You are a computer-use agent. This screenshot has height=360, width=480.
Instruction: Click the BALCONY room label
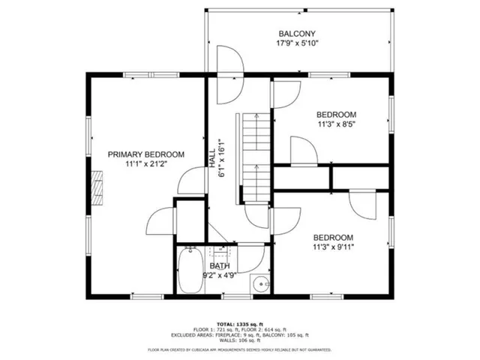click(x=298, y=34)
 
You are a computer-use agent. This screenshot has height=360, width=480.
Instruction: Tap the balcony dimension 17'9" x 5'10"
click(x=298, y=43)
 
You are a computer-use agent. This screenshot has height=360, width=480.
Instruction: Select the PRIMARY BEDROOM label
click(x=145, y=154)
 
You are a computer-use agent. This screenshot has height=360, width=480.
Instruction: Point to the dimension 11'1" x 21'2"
click(x=145, y=163)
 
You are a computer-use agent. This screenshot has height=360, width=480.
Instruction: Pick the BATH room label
click(x=220, y=266)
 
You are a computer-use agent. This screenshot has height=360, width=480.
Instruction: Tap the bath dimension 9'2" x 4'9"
click(x=219, y=275)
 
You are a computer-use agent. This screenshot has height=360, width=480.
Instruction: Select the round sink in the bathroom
click(x=260, y=284)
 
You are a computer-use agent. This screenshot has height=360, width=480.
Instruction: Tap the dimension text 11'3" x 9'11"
click(x=334, y=245)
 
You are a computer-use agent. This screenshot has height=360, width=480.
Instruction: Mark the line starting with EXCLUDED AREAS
click(x=240, y=334)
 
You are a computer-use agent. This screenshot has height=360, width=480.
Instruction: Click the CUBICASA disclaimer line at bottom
click(x=240, y=349)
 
